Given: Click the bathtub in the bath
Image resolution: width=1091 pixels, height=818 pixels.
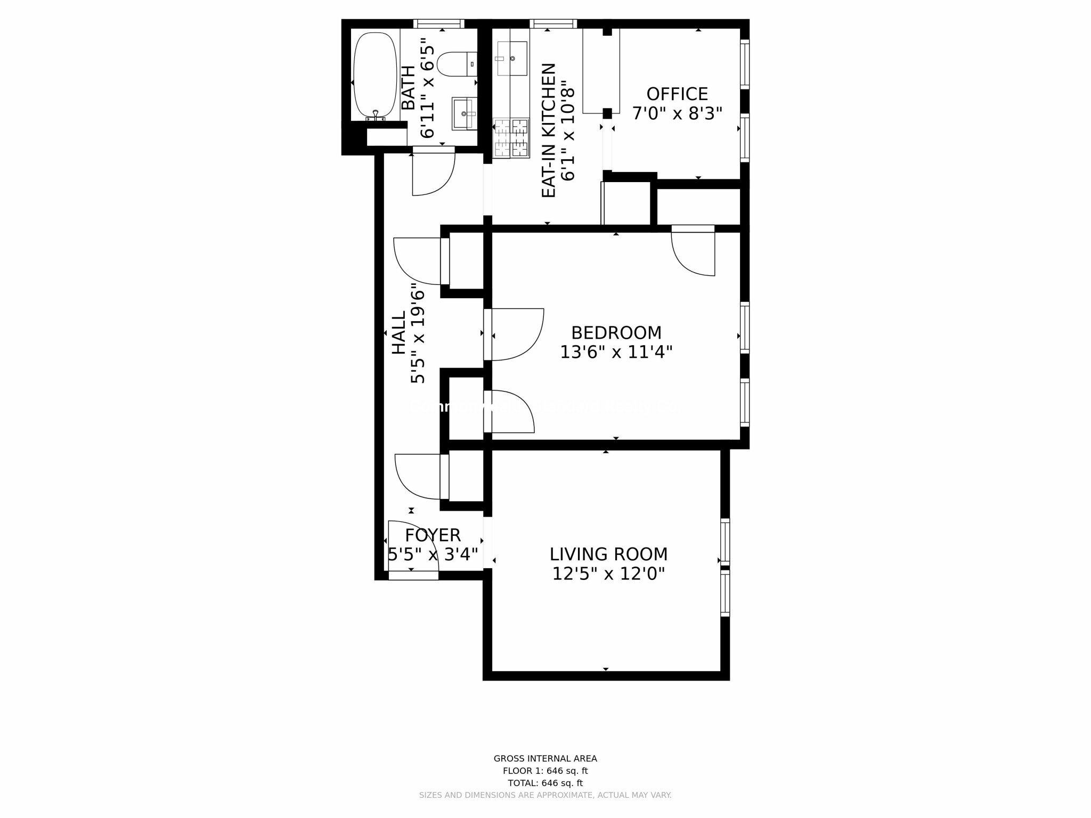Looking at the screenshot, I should click(375, 75).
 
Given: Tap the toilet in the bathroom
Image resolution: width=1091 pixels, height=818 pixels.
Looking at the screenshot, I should click(456, 64).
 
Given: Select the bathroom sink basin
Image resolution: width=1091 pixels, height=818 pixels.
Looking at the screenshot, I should click(463, 113).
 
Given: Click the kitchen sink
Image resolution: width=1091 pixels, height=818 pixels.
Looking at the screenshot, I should click(512, 59).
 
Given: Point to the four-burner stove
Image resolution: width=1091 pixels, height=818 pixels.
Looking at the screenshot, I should click(511, 138).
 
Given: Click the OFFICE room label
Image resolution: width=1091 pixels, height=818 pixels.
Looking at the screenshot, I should click(677, 94).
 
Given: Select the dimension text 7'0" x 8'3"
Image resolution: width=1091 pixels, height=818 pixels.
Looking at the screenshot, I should click(677, 113).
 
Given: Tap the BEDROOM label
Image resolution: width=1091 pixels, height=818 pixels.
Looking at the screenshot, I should click(616, 333).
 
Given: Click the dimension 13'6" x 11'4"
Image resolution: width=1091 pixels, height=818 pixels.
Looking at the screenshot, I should click(616, 352).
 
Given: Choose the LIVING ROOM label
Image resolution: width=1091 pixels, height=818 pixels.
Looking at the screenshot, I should click(608, 554).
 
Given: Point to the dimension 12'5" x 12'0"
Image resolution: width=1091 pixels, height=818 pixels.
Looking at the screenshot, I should click(608, 574).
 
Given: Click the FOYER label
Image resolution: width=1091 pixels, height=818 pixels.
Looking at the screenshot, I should click(433, 535).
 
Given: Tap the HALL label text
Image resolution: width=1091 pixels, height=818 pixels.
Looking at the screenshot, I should click(399, 333).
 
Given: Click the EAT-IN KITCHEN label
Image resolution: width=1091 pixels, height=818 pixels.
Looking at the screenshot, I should click(549, 130).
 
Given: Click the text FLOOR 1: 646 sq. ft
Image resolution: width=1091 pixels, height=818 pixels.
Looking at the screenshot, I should click(545, 771).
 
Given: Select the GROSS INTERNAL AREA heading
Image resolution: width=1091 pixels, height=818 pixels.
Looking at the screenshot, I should click(545, 758).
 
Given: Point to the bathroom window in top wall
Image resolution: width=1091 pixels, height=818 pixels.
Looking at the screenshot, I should click(439, 23).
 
